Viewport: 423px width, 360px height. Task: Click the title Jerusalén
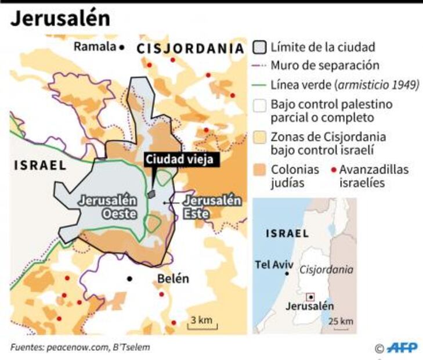[60, 18]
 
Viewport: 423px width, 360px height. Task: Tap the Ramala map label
[95, 47]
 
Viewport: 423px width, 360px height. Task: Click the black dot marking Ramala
[122, 48]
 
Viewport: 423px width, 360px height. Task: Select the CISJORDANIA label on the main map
[189, 49]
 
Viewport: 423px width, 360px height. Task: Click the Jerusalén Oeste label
[108, 207]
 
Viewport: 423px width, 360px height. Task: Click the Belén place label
[173, 279]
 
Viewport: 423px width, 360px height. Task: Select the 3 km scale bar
[201, 322]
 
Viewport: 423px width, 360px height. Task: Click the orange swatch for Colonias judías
[261, 170]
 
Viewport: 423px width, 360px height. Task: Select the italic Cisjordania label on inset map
[327, 269]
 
